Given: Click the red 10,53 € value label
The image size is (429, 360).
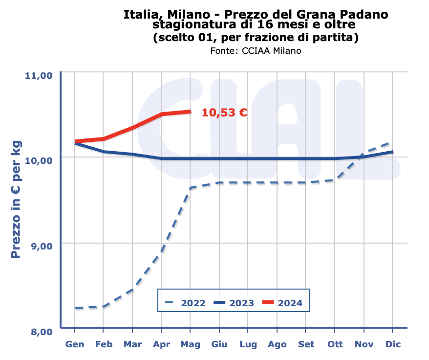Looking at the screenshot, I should click(224, 112).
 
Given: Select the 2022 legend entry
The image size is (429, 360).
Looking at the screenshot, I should click(185, 303).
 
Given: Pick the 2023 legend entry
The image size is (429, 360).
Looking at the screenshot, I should click(234, 303).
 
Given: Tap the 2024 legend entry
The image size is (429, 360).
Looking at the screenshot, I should click(282, 303).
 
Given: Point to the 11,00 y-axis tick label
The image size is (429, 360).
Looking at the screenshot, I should click(38, 75).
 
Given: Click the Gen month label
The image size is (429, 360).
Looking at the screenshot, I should click(75, 344).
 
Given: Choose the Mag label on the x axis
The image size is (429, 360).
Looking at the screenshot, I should click(191, 344).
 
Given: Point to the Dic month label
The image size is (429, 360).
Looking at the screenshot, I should click(393, 344).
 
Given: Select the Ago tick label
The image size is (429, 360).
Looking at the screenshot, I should click(277, 344).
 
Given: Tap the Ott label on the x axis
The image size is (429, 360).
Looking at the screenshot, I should click(335, 344).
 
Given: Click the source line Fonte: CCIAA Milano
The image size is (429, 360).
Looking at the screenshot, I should click(256, 51).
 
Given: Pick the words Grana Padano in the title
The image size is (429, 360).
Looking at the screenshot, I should click(351, 15).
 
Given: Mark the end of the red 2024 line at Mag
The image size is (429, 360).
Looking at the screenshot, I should click(191, 112).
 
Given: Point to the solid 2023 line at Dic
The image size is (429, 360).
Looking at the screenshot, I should click(392, 152).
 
